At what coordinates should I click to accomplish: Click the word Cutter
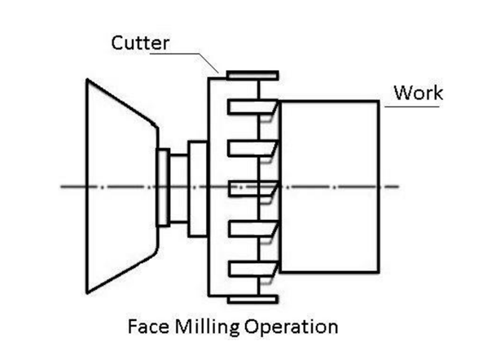pos(140,43)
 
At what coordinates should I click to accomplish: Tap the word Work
pos(419,92)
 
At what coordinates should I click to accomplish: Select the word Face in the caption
pos(148,327)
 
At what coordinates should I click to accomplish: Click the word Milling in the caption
pos(207,327)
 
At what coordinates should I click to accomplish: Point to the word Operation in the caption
pos(292,327)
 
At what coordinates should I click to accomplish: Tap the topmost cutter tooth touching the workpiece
pos(252,108)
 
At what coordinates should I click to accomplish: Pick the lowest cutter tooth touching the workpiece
pos(253,269)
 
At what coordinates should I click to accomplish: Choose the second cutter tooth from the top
pos(252,148)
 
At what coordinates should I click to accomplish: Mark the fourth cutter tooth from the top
pos(253,229)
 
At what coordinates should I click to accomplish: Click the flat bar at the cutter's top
pos(252,76)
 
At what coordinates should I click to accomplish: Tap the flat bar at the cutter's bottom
pos(252,300)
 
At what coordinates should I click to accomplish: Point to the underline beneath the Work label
pos(412,107)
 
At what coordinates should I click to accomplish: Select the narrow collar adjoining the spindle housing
pos(163,188)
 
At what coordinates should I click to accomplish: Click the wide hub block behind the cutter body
pos(198,189)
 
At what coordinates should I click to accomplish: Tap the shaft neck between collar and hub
pos(178,188)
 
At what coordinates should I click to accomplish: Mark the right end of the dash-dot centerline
pos(399,187)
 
